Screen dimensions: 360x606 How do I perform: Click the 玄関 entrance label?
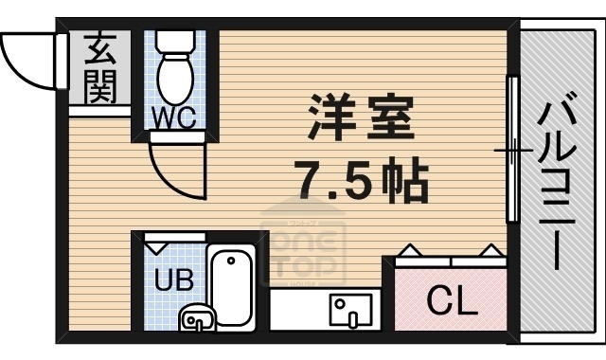[98, 68]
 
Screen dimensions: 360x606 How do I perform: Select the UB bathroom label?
[170, 281]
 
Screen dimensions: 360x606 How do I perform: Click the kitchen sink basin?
[348, 309]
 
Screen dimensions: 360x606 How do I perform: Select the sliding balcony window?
[512, 150]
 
